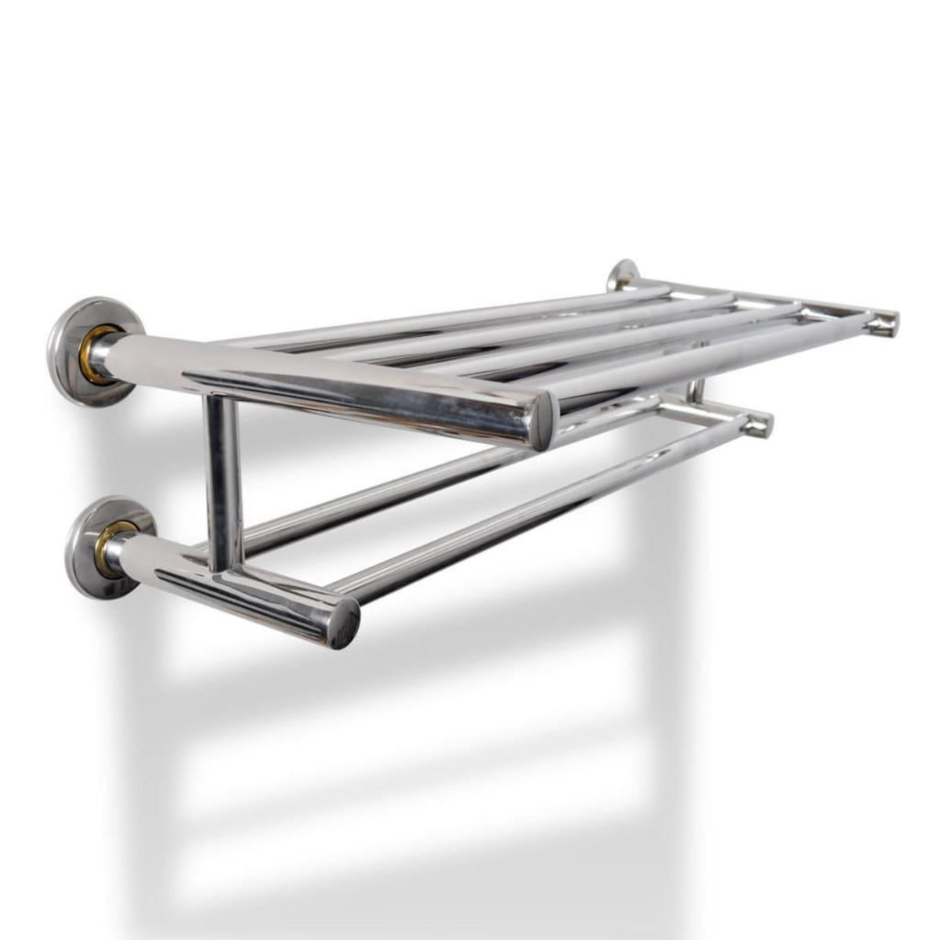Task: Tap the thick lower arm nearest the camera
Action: (x=235, y=584)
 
